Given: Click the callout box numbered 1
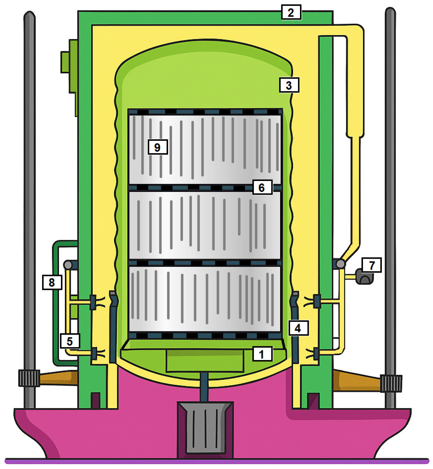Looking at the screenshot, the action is click(263, 354).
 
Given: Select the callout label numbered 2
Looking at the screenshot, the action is click(291, 12).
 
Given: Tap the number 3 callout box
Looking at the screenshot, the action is click(289, 85).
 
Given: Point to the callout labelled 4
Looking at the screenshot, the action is click(299, 328).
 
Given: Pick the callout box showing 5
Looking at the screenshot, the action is click(70, 341).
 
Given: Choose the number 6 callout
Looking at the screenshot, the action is click(262, 187).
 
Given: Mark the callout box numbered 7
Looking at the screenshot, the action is click(371, 265).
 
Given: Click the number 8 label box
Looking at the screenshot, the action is click(52, 282).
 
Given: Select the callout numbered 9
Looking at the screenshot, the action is click(158, 147).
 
